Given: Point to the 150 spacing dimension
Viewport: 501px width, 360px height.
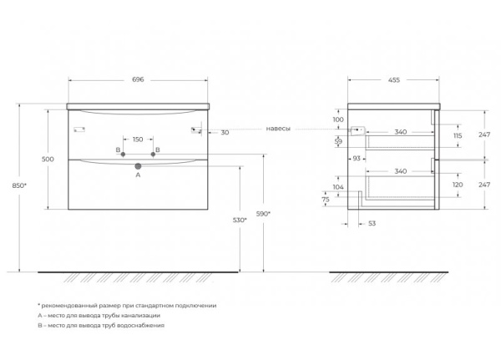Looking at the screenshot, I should click(x=138, y=139).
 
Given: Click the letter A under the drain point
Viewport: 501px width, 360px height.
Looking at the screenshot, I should click(x=138, y=175).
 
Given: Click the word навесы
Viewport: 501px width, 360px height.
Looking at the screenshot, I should click(x=279, y=130).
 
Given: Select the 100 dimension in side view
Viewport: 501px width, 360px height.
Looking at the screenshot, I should click(x=337, y=119).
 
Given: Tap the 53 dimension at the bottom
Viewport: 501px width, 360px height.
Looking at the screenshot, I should click(x=372, y=223).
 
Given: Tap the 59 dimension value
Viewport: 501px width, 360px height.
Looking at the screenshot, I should click(x=337, y=141).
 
